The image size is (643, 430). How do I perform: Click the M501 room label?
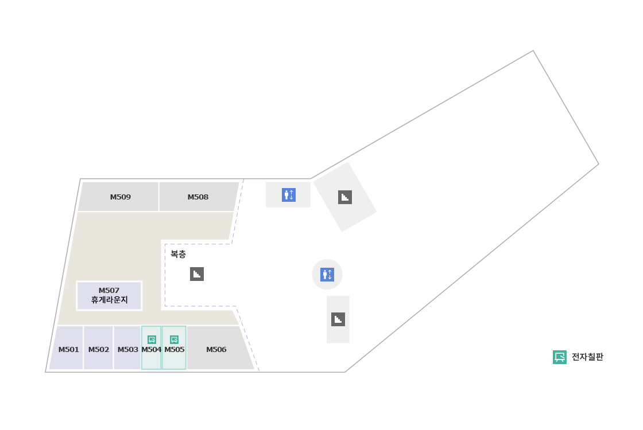[x=69, y=350]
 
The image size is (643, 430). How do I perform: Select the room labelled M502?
[x=99, y=350]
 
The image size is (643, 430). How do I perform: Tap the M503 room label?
[x=128, y=350]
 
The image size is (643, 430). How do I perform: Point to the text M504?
[x=152, y=350]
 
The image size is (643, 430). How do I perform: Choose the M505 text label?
[x=175, y=350]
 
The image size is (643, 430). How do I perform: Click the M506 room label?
[x=216, y=350]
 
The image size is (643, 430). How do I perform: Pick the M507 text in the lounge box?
[x=109, y=291]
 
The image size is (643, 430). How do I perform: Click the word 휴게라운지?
[x=109, y=300]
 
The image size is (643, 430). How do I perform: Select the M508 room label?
[x=198, y=197]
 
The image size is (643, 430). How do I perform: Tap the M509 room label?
[x=121, y=197]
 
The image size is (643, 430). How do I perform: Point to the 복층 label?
[x=178, y=255]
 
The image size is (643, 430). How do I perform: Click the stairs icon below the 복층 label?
[x=197, y=274]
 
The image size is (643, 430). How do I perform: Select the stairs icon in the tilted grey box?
[x=345, y=197]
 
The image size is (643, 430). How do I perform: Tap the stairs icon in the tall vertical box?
[x=338, y=319]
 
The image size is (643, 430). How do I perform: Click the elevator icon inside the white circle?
[x=327, y=275]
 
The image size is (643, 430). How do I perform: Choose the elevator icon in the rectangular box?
[x=289, y=195]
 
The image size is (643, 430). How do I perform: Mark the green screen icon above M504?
[x=152, y=339]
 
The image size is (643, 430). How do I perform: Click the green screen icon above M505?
[x=175, y=339]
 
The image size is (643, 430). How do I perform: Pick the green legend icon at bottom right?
[x=560, y=357]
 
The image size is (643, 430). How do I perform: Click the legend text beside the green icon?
[x=587, y=357]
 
